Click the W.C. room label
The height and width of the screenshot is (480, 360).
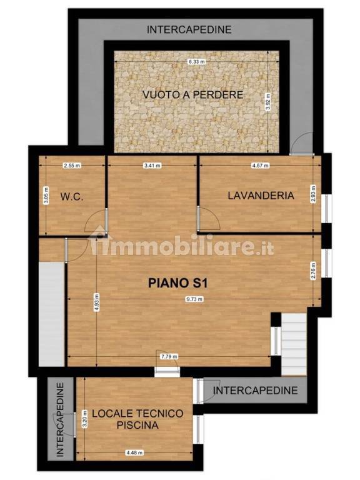tap(72, 196)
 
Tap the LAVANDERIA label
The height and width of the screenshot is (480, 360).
tap(261, 196)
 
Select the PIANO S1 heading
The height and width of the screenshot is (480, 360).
tap(178, 283)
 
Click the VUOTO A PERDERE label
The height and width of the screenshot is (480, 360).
tap(193, 94)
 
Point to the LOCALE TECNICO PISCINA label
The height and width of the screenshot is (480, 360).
tap(137, 419)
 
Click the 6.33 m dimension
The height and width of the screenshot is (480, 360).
tap(196, 62)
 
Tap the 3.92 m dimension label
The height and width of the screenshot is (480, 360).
tap(268, 102)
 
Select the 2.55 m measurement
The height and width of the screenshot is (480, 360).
tap(72, 166)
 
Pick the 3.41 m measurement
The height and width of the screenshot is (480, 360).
tap(152, 166)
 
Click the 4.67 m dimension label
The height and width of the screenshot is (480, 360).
tap(260, 166)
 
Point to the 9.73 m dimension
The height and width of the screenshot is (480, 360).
tap(194, 299)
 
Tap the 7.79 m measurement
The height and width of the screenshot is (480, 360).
tap(169, 357)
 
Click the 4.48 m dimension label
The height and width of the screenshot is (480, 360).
tap(135, 452)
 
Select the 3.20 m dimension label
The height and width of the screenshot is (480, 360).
tap(85, 419)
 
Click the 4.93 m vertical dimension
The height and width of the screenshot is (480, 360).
tap(96, 302)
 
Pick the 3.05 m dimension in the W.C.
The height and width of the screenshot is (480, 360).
tap(46, 195)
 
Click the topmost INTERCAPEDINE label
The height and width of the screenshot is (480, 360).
tap(189, 30)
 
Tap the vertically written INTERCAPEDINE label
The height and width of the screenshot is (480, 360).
tap(61, 419)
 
